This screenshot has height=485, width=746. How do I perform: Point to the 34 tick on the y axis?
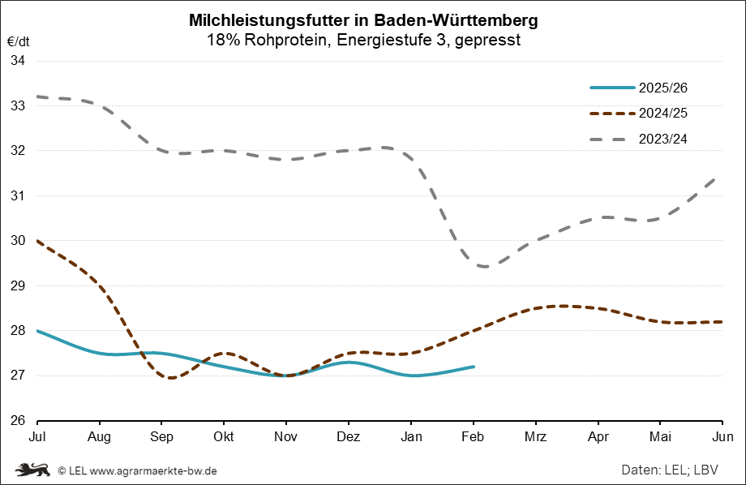point(18,60)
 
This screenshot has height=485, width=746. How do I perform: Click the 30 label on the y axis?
point(18,241)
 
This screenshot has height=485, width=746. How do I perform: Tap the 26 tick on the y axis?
point(18,421)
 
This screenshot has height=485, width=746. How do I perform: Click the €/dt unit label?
point(18,40)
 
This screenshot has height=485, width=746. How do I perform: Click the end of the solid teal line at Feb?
point(474,367)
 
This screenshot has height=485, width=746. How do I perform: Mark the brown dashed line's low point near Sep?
point(171,378)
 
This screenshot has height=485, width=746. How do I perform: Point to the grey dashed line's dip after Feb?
point(486,266)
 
